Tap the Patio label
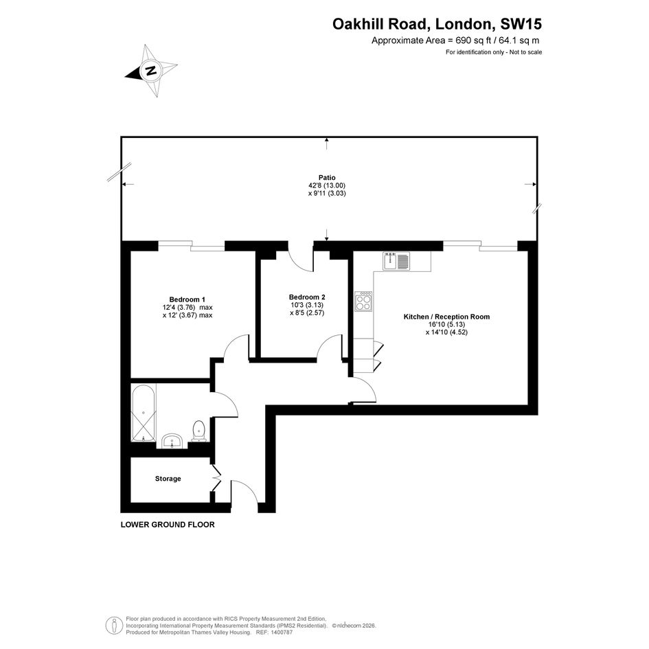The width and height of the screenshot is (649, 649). (327, 178)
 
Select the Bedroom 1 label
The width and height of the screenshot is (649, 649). (187, 299)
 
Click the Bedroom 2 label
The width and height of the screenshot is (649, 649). (307, 297)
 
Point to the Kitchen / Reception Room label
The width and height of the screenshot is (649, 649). (446, 317)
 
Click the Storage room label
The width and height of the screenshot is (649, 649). (168, 479)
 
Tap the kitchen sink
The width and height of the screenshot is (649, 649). (396, 261)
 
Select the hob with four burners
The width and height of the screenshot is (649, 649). (363, 301)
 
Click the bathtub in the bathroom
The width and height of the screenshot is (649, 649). (144, 413)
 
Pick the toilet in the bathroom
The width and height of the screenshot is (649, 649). (199, 431)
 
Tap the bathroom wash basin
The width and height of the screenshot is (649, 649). (172, 440)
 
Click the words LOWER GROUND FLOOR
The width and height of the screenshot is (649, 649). (168, 525)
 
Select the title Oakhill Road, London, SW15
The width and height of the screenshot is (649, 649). (437, 24)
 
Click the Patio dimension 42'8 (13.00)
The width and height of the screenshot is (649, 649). (327, 186)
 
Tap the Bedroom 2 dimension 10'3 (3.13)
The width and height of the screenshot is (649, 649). (307, 305)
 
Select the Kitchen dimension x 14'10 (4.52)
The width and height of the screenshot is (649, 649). (446, 332)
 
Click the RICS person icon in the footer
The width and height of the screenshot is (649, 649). (113, 626)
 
